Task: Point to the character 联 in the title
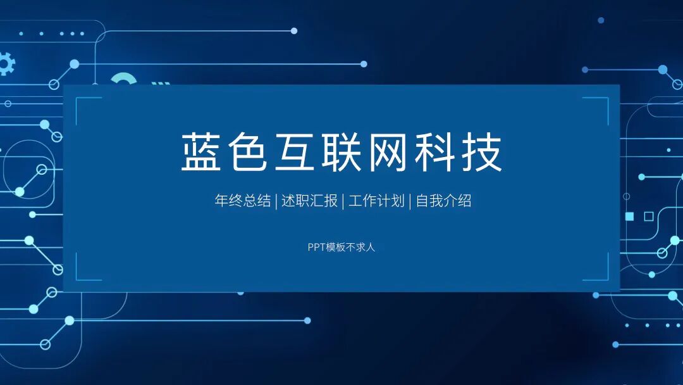pyautogui.click(x=342, y=153)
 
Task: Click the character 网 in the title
pyautogui.click(x=389, y=153)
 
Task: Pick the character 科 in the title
pyautogui.click(x=436, y=153)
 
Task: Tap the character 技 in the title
pyautogui.click(x=482, y=153)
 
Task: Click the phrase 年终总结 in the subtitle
pyautogui.click(x=242, y=201)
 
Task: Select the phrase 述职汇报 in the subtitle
pyautogui.click(x=309, y=201)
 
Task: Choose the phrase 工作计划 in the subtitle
pyautogui.click(x=376, y=201)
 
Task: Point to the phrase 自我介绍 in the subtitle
pyautogui.click(x=443, y=201)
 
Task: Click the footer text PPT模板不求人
pyautogui.click(x=341, y=247)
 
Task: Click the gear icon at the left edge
pyautogui.click(x=5, y=64)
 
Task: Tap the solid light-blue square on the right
pyautogui.click(x=629, y=217)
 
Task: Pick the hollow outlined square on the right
pyautogui.click(x=648, y=217)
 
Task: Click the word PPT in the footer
pyautogui.click(x=316, y=247)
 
